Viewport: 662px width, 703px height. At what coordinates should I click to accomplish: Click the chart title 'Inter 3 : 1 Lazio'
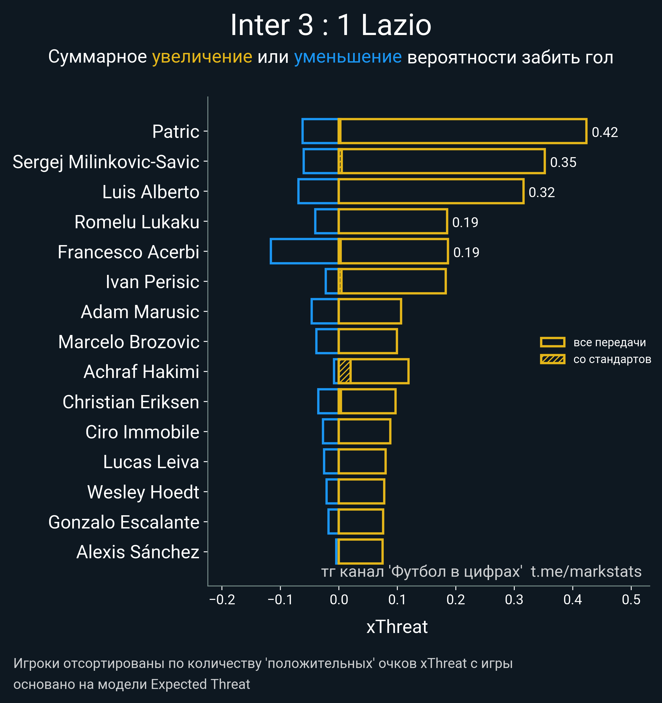(x=331, y=25)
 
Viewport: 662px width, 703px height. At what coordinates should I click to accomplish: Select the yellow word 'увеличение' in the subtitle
(x=202, y=57)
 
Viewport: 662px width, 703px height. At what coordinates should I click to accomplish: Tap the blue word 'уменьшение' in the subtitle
(x=348, y=57)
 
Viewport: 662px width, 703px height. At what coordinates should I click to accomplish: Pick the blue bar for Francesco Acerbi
(x=304, y=251)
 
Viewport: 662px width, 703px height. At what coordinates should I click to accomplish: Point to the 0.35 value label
(x=563, y=162)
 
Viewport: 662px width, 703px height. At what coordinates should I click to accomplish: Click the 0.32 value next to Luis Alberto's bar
(x=541, y=192)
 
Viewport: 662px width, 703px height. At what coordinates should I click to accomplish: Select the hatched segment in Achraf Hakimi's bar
(x=345, y=371)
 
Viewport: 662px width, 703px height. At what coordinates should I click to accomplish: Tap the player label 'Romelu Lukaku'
(x=137, y=222)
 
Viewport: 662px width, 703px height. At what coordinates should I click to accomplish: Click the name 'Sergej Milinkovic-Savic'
(x=106, y=162)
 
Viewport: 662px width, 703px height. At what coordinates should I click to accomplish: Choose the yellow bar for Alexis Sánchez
(x=361, y=552)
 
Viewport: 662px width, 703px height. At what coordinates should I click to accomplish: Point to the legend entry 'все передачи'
(x=609, y=342)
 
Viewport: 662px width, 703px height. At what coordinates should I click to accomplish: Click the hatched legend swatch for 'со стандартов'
(x=552, y=359)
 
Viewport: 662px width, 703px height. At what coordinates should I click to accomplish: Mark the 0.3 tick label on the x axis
(x=514, y=600)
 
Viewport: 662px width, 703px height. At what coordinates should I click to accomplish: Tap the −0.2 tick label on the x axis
(x=222, y=600)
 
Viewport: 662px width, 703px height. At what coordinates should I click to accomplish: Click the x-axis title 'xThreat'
(x=397, y=627)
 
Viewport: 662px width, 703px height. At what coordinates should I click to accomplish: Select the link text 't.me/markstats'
(x=586, y=572)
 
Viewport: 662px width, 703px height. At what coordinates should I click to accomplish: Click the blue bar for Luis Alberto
(x=318, y=191)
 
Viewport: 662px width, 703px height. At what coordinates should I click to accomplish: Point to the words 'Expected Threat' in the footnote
(x=200, y=685)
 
